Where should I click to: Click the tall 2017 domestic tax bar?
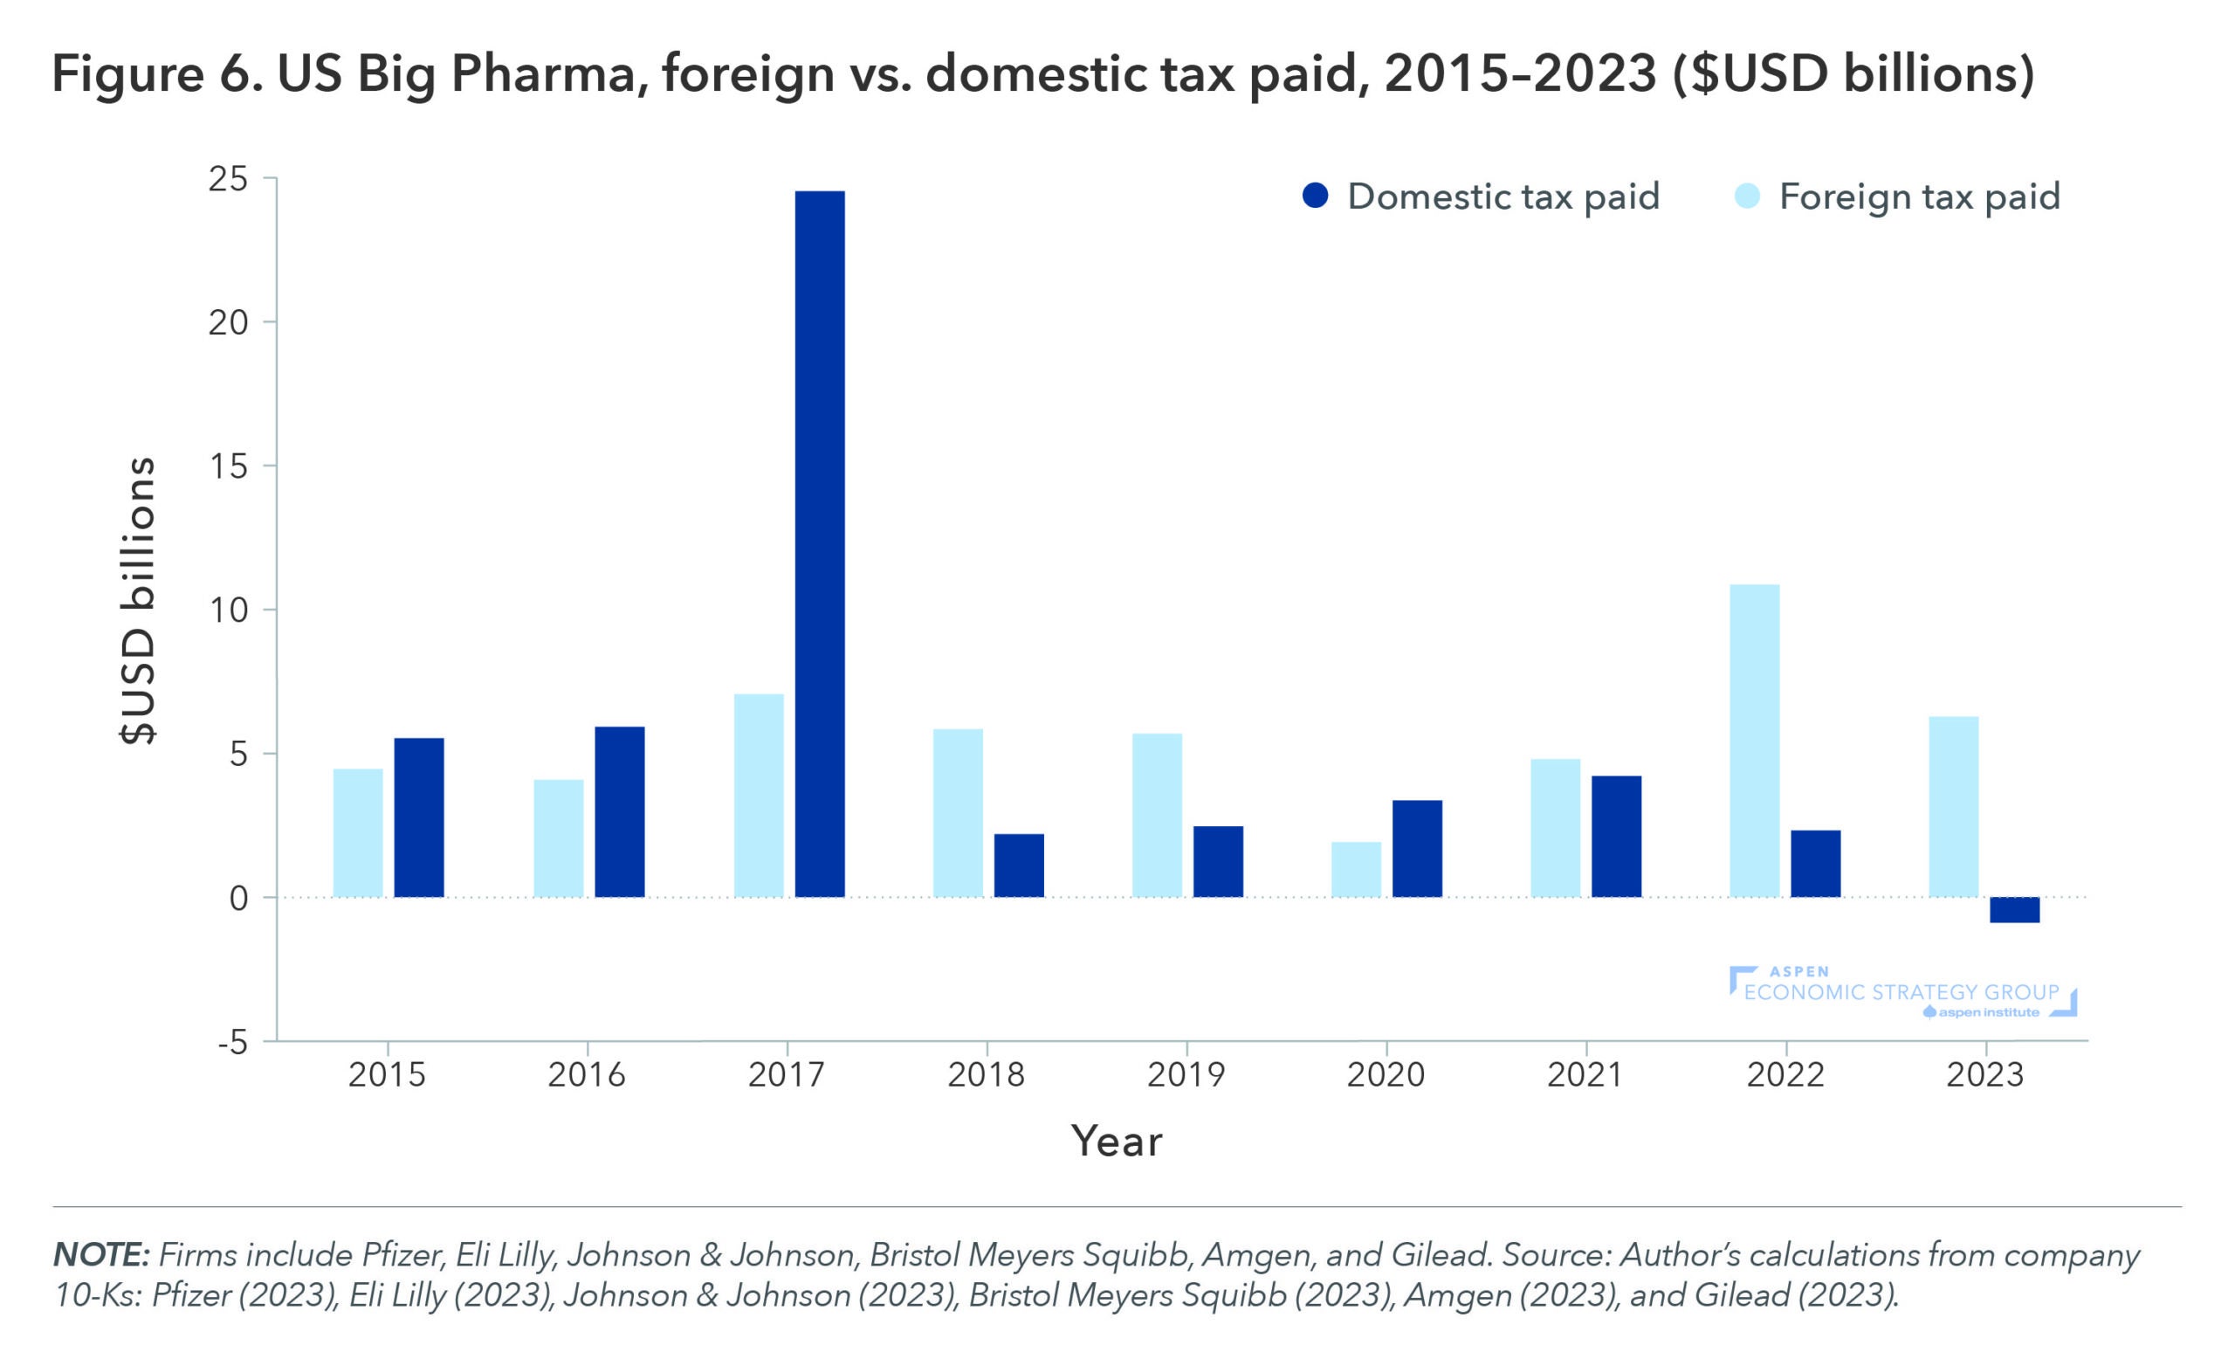click(x=819, y=543)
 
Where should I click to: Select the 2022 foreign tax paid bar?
click(x=1754, y=741)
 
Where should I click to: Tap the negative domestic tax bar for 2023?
click(x=2015, y=910)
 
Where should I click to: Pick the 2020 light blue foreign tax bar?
click(x=1356, y=869)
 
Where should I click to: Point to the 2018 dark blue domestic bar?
click(x=1019, y=866)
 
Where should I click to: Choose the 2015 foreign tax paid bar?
click(x=358, y=833)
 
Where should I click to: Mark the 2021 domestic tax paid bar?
click(x=1616, y=837)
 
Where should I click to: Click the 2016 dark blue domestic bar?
click(x=620, y=812)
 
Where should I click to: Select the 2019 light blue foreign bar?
click(x=1157, y=815)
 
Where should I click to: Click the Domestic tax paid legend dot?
click(x=1315, y=196)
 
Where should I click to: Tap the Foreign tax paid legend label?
click(x=1919, y=197)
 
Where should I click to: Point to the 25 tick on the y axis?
click(x=228, y=180)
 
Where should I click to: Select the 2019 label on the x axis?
click(x=1186, y=1075)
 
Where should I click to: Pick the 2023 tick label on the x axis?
click(x=1985, y=1075)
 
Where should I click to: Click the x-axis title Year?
click(x=1116, y=1142)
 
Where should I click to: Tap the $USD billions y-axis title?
click(x=138, y=601)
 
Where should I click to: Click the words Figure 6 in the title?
click(x=156, y=74)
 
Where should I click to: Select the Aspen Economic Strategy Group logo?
click(x=1903, y=992)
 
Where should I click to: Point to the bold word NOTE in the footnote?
click(x=100, y=1255)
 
